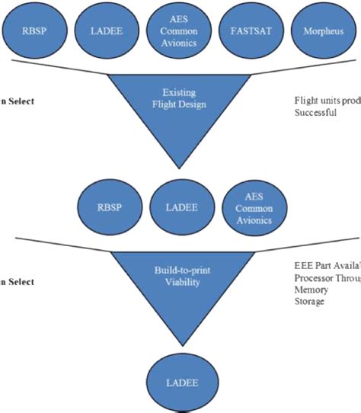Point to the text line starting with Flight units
point(327,99)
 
